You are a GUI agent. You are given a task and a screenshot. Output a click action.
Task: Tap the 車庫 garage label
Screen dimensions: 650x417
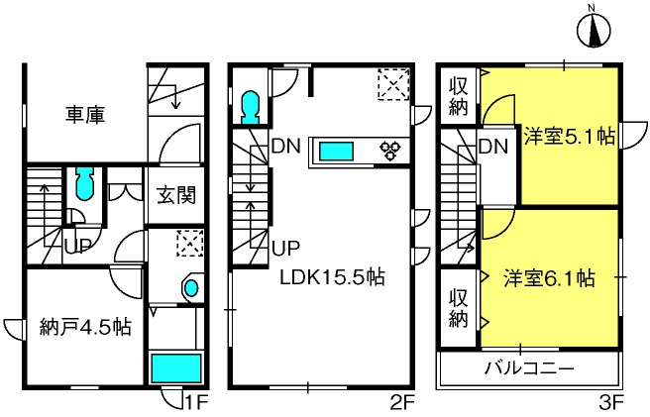[85, 115]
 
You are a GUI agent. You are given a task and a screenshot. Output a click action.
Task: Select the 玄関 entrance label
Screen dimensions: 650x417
[176, 195]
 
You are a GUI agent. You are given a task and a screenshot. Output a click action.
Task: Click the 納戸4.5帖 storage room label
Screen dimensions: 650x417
[85, 328]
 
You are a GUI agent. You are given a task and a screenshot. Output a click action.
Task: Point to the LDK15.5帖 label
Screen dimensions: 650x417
[333, 277]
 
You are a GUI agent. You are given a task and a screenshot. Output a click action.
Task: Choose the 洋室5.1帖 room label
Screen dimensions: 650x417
[570, 136]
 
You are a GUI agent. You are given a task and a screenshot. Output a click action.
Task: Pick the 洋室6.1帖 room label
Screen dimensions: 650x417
[550, 278]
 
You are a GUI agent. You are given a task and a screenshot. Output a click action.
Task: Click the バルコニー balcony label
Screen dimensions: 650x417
[530, 368]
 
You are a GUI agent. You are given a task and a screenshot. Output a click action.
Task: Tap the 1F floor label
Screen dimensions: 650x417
[195, 402]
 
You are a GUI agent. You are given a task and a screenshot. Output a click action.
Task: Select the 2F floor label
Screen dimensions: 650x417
[402, 402]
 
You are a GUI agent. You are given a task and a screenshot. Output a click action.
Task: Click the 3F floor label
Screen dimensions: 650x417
[611, 402]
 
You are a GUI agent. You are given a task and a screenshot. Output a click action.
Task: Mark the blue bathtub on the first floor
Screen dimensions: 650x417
[175, 368]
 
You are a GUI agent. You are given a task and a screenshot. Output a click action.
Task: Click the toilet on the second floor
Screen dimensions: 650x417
[250, 107]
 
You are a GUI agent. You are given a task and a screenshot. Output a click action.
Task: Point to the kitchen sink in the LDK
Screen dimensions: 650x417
[336, 151]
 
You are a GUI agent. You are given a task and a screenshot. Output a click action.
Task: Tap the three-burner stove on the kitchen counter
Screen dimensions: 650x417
[390, 151]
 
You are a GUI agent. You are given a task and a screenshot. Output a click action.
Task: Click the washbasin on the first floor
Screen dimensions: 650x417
[191, 287]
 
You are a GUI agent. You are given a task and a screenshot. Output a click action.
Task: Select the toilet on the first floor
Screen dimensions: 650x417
[85, 184]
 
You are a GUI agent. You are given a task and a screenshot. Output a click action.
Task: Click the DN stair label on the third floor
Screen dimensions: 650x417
[493, 147]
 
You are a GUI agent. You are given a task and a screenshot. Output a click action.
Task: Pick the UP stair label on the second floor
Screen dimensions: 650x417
[285, 249]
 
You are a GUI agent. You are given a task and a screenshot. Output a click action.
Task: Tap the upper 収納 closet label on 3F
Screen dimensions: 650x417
[458, 97]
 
